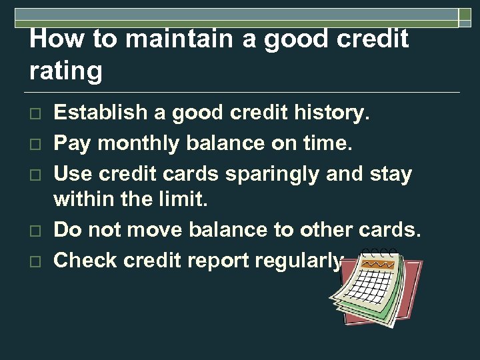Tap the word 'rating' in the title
(66, 69)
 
